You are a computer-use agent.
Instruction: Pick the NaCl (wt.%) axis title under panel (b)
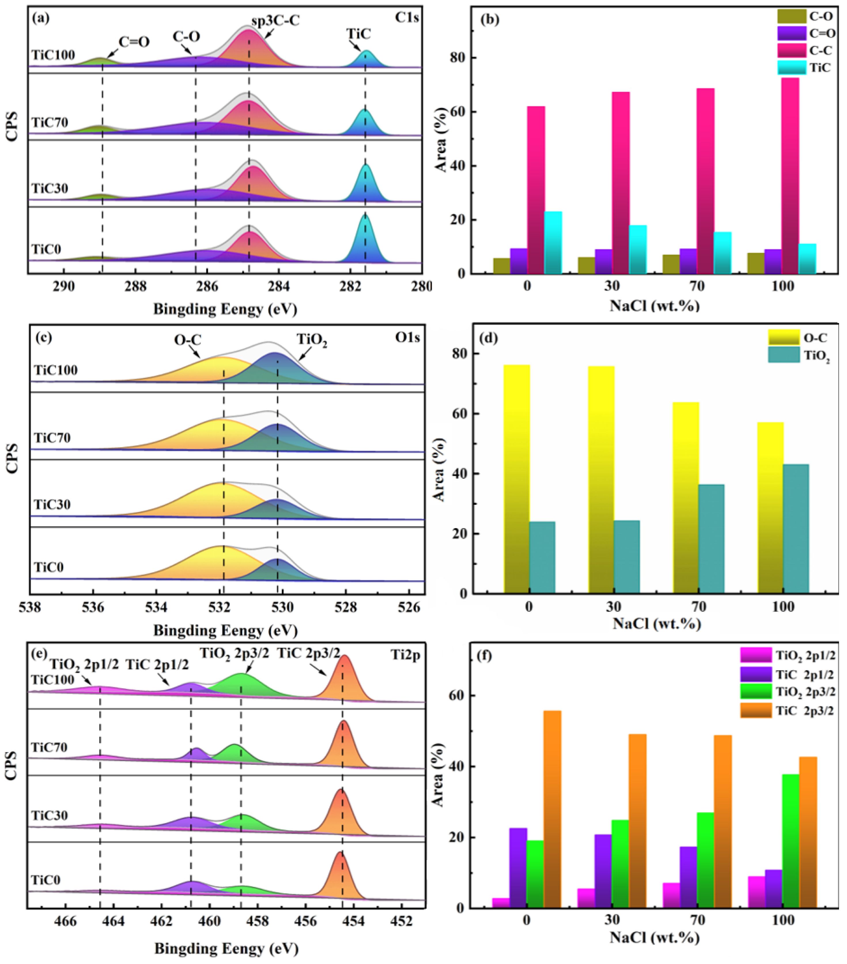click(x=654, y=306)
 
